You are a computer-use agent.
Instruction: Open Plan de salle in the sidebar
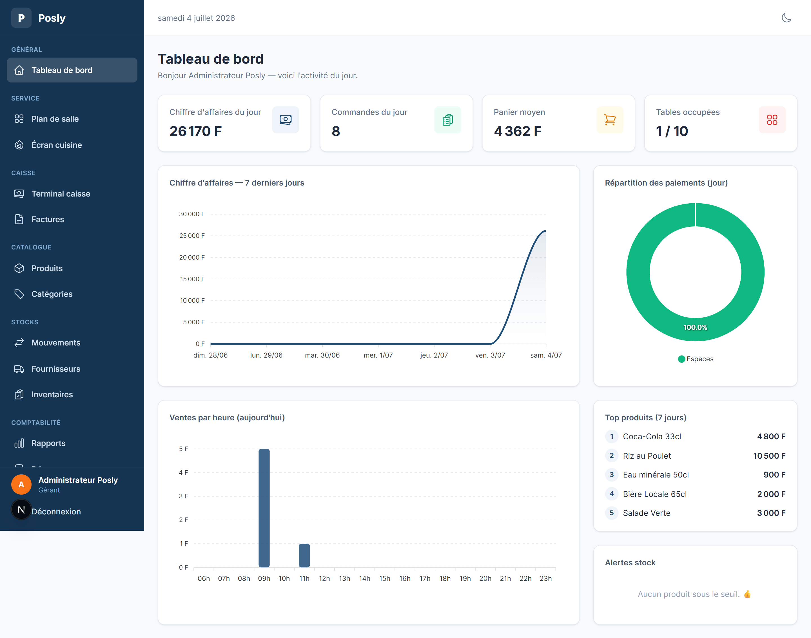pos(55,119)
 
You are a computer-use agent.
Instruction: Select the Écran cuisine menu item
pos(56,145)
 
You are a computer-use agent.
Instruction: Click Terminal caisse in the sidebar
pos(61,193)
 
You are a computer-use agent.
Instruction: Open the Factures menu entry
pos(47,219)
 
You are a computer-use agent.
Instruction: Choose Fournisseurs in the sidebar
pos(56,369)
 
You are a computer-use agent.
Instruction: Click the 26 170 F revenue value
pos(195,131)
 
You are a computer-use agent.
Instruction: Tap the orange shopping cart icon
pos(610,120)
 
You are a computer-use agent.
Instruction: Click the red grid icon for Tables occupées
pos(772,120)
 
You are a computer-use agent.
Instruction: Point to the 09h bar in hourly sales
pos(264,508)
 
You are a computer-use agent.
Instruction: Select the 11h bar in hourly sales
pos(304,556)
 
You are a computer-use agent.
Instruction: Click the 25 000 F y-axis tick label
pos(192,236)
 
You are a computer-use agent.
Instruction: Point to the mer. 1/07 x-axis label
pos(378,355)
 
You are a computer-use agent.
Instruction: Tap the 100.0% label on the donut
pos(695,327)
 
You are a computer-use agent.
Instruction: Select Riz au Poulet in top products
pos(647,456)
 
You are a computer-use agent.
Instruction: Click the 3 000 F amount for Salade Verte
pos(771,513)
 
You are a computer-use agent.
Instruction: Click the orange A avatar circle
pos(21,485)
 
